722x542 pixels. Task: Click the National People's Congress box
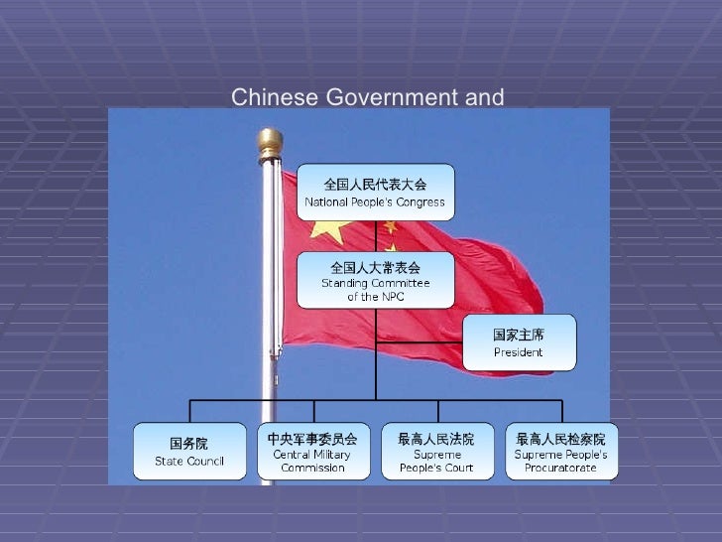(375, 193)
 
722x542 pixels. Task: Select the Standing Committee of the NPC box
(375, 281)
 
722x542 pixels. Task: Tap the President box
(518, 342)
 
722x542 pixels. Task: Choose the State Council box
(189, 451)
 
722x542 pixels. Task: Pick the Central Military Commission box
(312, 451)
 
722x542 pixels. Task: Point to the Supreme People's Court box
(435, 451)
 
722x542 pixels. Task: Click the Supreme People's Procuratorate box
(560, 451)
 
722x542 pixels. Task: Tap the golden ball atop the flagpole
(269, 143)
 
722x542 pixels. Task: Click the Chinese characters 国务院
(189, 443)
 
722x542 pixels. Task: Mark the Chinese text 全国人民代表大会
(375, 184)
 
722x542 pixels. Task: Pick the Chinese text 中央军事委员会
(312, 438)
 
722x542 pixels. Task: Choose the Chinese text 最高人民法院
(435, 438)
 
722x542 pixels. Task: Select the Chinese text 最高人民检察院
(560, 438)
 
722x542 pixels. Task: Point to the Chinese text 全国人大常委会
(375, 267)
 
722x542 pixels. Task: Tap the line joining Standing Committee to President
(419, 342)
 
